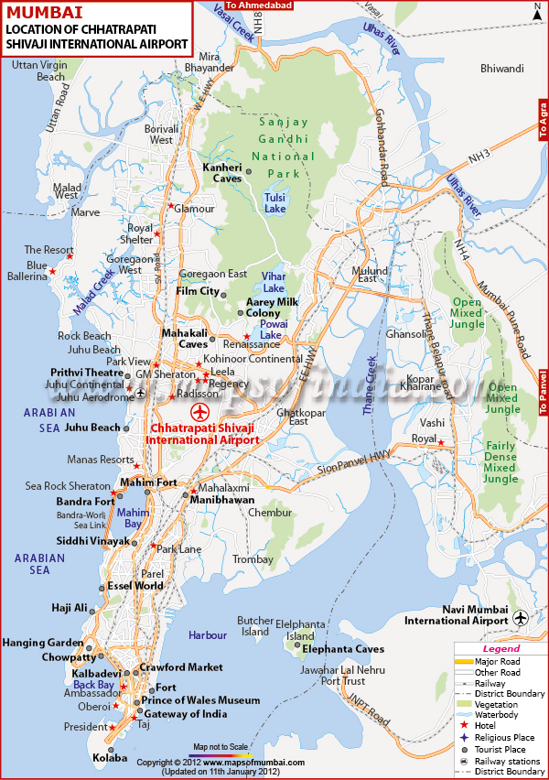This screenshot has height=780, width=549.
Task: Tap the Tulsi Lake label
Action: (x=274, y=202)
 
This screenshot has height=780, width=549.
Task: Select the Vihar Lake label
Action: (x=274, y=281)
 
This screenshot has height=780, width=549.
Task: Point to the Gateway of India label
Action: (x=187, y=713)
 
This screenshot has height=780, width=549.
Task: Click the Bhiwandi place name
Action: (x=501, y=69)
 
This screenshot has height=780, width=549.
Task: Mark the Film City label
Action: (x=198, y=291)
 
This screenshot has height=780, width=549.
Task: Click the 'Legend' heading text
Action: (x=501, y=649)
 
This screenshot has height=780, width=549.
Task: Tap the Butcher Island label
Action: (x=255, y=625)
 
